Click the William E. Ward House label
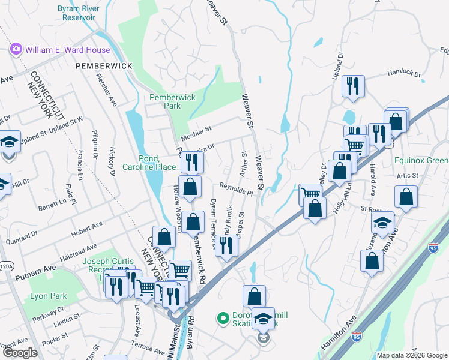pos(67,50)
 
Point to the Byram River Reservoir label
pos(85,13)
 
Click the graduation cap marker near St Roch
pos(382,223)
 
